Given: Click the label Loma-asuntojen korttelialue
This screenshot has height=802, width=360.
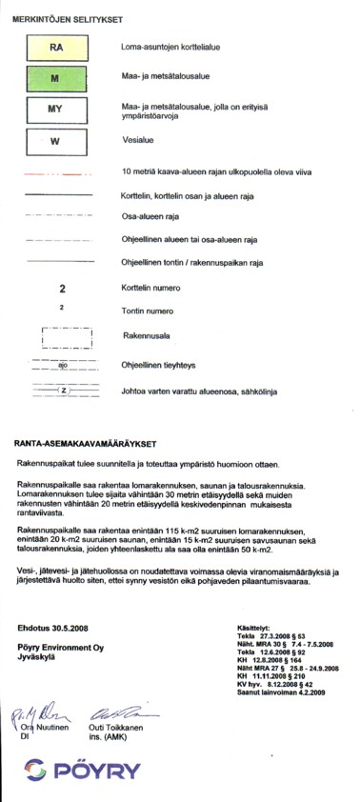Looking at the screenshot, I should [173, 46].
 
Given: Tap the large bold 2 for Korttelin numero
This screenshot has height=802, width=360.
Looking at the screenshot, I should [61, 288].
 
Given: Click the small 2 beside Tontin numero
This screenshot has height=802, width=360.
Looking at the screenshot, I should [61, 308].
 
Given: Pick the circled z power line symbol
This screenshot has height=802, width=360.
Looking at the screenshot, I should [63, 391].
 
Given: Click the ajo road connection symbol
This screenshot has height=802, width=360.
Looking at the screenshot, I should [61, 364].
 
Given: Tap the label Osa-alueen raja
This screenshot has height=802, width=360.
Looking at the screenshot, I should [145, 216].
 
